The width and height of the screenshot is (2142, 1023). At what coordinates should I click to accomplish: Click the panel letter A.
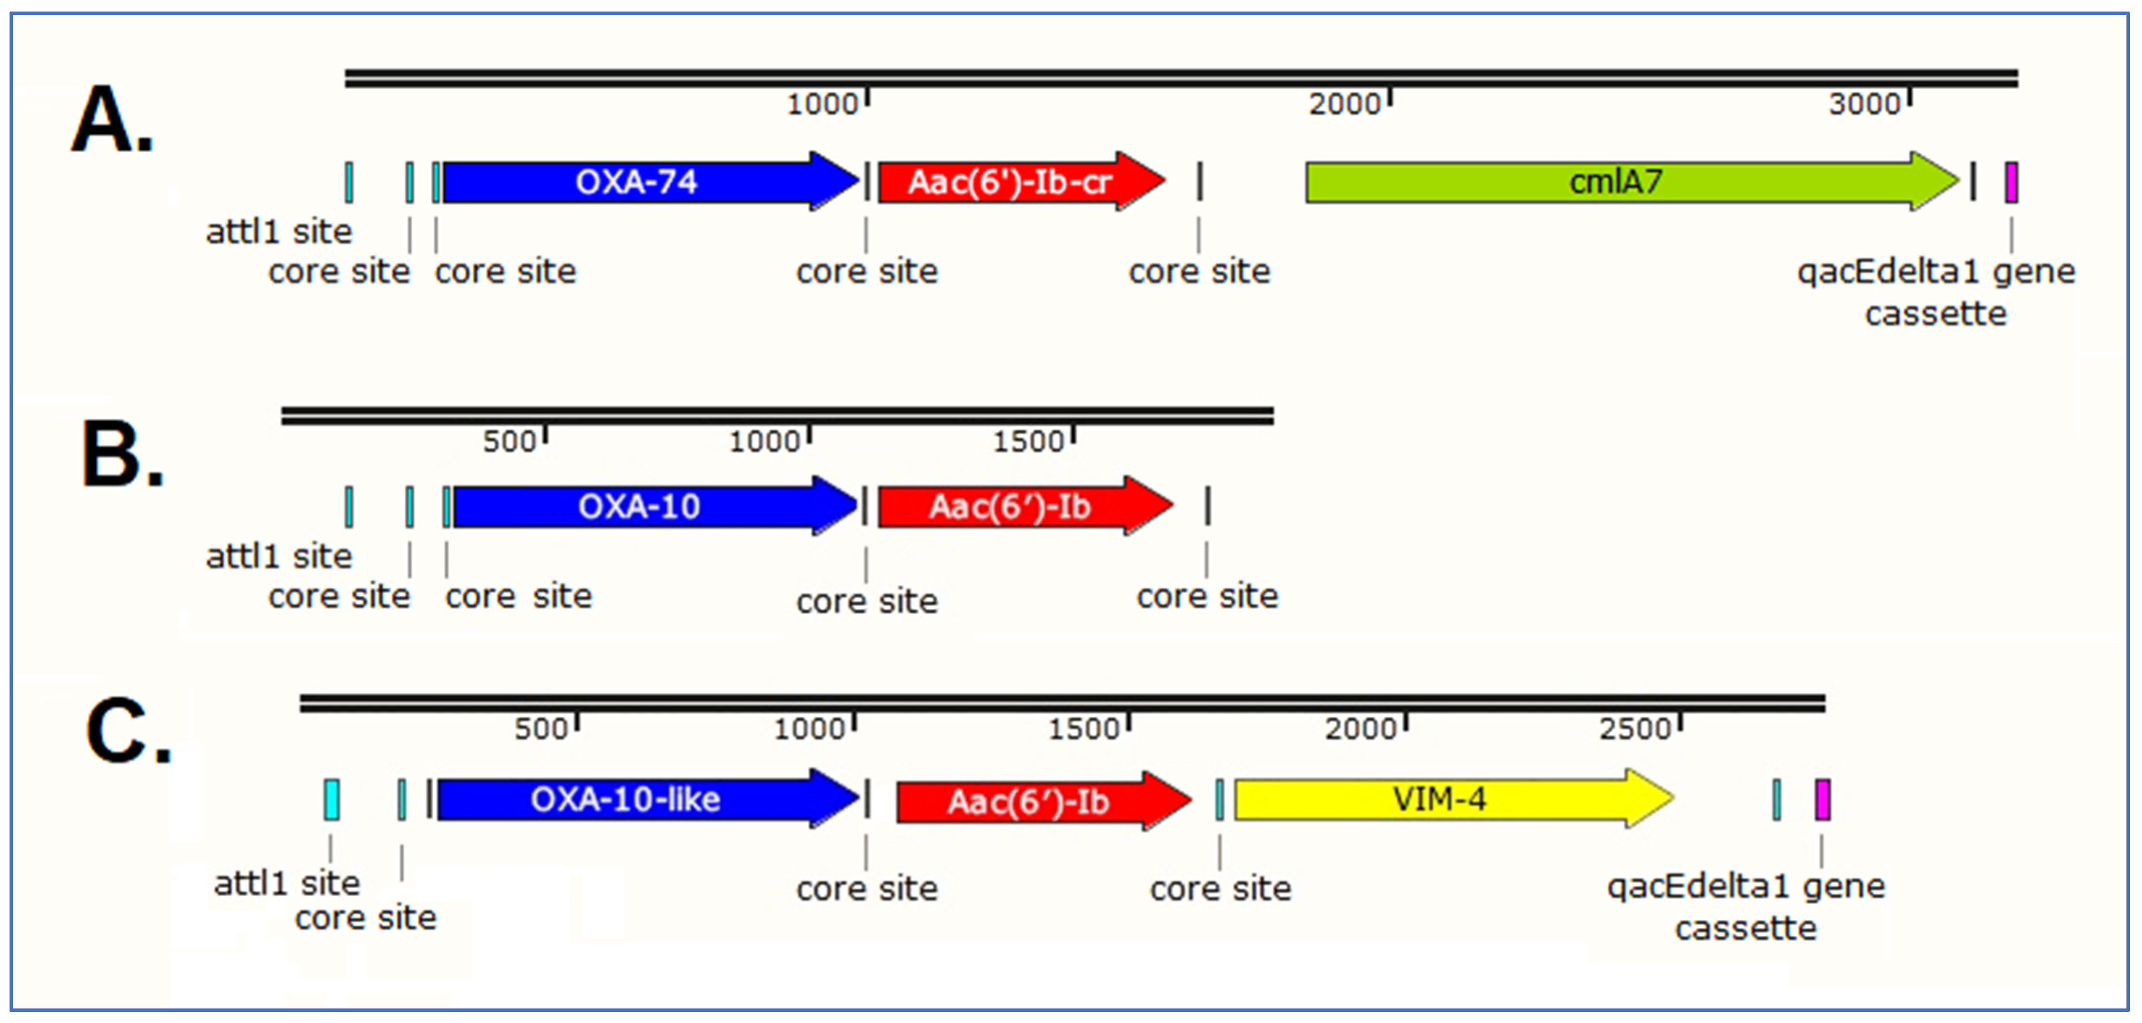[x=112, y=120]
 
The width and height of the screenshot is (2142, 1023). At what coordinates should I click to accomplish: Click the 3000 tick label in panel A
[x=1864, y=104]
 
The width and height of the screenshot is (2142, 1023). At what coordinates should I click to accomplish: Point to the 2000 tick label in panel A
[x=1344, y=104]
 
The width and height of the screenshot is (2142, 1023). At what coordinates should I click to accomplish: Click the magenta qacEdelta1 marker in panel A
[x=2011, y=182]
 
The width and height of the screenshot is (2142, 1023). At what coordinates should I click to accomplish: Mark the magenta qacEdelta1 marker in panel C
[x=1822, y=799]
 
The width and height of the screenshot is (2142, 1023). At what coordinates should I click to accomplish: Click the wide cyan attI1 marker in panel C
[x=331, y=799]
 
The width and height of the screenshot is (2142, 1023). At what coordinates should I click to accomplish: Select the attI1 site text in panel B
[x=278, y=556]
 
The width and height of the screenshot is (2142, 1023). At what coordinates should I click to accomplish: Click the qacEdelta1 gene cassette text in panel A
[x=1936, y=292]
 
